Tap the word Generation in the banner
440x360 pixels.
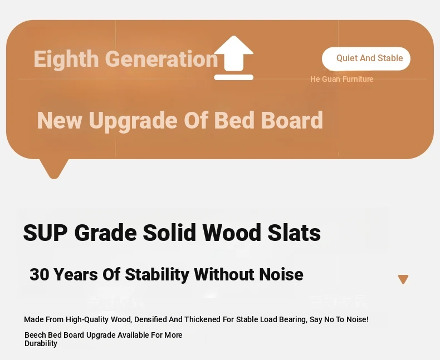162,59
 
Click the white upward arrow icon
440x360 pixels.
233,58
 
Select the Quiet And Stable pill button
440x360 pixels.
366,58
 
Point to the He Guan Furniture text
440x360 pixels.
341,79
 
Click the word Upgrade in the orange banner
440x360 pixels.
133,121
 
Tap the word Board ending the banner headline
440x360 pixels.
292,120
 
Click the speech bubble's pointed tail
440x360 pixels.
53,169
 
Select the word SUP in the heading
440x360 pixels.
45,233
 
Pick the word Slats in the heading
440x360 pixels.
294,233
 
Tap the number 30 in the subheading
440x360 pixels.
40,274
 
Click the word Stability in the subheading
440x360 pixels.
157,275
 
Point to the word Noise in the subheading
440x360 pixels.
281,274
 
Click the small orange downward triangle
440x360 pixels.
403,279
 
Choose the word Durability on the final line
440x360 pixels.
41,343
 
